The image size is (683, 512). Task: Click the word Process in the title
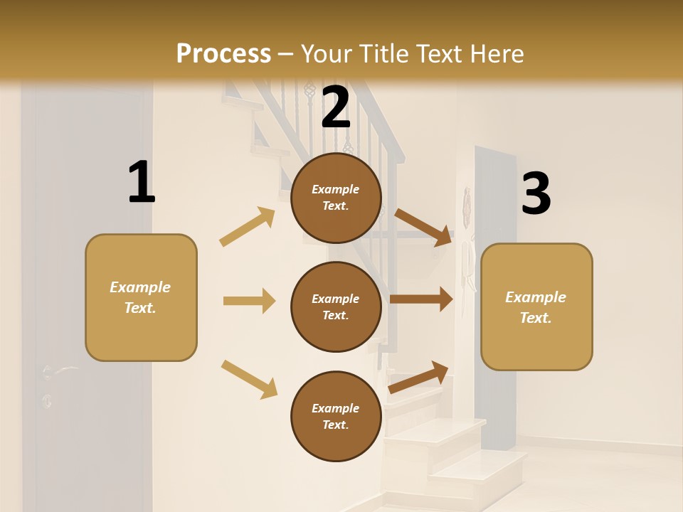pyautogui.click(x=223, y=54)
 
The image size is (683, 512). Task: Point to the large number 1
pyautogui.click(x=141, y=183)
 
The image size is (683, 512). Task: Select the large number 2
pyautogui.click(x=336, y=107)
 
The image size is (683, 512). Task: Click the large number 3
pyautogui.click(x=536, y=194)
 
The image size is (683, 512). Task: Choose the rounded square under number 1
pyautogui.click(x=141, y=297)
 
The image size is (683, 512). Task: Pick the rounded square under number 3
pyautogui.click(x=536, y=306)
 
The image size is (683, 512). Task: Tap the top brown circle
pyautogui.click(x=336, y=198)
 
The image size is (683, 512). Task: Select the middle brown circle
pyautogui.click(x=336, y=306)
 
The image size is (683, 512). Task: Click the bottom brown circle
pyautogui.click(x=336, y=416)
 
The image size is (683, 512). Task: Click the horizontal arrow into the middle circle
pyautogui.click(x=249, y=301)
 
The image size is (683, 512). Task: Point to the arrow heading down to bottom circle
pyautogui.click(x=249, y=379)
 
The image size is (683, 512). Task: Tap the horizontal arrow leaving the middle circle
pyautogui.click(x=421, y=299)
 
